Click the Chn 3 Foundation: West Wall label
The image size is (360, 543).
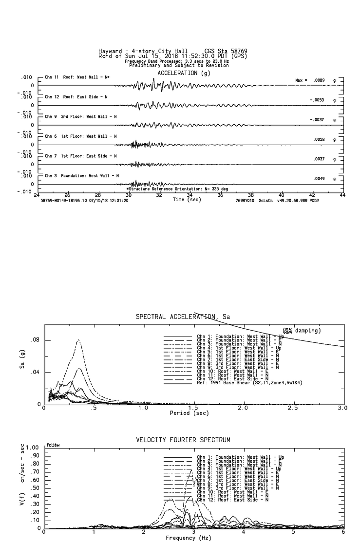point(81,176)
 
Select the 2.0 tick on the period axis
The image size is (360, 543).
point(243,408)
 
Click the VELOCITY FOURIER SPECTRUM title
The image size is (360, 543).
point(183,440)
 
